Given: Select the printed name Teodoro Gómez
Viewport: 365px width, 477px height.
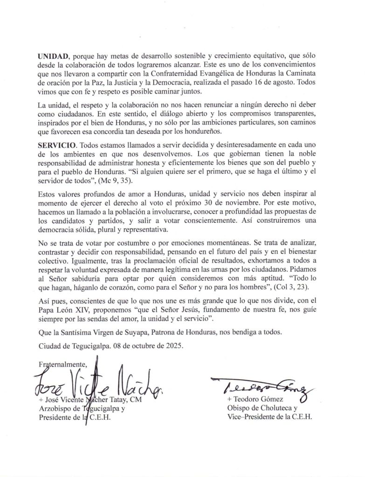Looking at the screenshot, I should [x=254, y=400].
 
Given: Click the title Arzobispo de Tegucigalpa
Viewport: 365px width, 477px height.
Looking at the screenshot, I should [x=81, y=409].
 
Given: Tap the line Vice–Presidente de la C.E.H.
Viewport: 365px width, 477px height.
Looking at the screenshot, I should [x=269, y=417].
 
